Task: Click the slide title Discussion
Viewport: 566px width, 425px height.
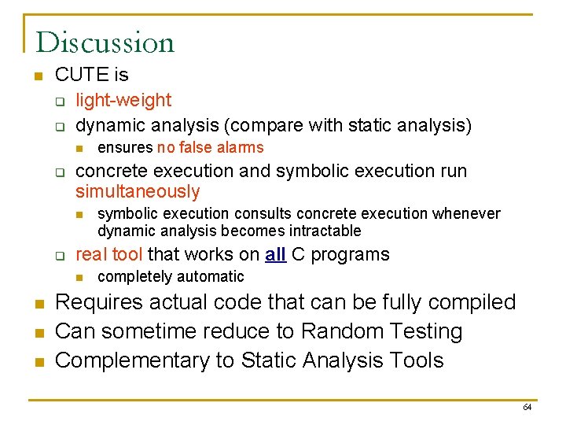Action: (105, 42)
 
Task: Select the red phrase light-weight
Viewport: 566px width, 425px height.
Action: (123, 101)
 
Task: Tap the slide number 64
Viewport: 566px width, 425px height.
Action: (527, 407)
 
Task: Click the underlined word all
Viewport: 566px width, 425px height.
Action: (274, 254)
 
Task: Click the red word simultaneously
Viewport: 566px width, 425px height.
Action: (138, 192)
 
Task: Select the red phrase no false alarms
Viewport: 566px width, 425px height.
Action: (210, 148)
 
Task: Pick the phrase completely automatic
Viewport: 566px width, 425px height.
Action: (171, 277)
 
